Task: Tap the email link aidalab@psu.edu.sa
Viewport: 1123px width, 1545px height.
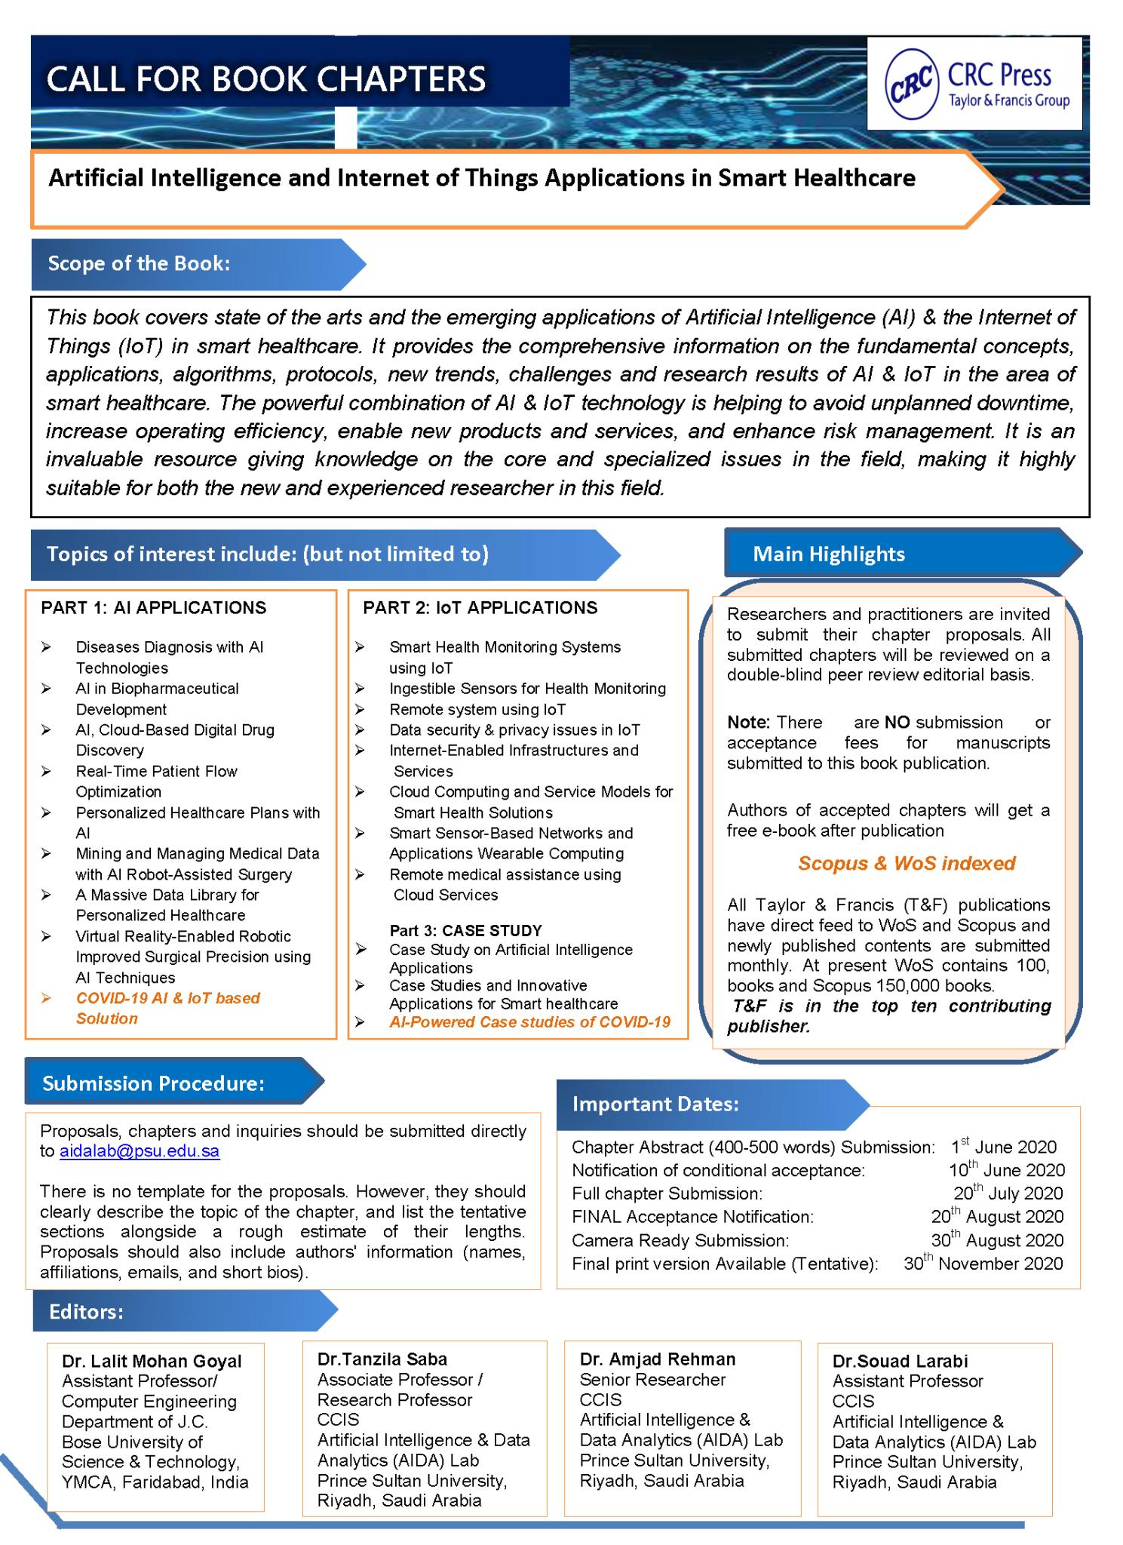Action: click(140, 1151)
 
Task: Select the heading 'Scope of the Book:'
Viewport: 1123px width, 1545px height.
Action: click(139, 263)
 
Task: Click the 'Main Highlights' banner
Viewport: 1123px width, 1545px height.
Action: click(828, 554)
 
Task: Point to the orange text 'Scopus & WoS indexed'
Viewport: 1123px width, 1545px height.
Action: click(907, 863)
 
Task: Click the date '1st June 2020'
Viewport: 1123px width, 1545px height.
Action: click(1003, 1147)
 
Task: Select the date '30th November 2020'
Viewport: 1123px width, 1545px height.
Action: click(983, 1264)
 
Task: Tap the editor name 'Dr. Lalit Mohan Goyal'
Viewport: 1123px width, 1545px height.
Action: click(152, 1361)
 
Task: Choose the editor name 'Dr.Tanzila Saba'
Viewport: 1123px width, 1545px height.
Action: click(382, 1359)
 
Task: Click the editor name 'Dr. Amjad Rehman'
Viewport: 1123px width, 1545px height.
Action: click(658, 1359)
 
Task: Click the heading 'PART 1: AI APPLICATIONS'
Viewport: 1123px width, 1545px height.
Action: click(153, 607)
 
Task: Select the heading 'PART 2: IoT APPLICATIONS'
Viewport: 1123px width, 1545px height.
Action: click(480, 607)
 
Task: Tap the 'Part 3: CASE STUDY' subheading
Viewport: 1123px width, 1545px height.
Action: click(465, 930)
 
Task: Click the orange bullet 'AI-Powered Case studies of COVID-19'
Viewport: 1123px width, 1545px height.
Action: click(529, 1022)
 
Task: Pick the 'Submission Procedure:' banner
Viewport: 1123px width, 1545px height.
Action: click(153, 1083)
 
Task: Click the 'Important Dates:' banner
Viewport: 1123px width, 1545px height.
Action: click(655, 1104)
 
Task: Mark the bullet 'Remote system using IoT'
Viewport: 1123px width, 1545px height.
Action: click(477, 709)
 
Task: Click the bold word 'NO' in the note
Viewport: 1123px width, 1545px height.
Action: click(897, 722)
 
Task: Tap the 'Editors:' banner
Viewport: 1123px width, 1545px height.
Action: click(86, 1311)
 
